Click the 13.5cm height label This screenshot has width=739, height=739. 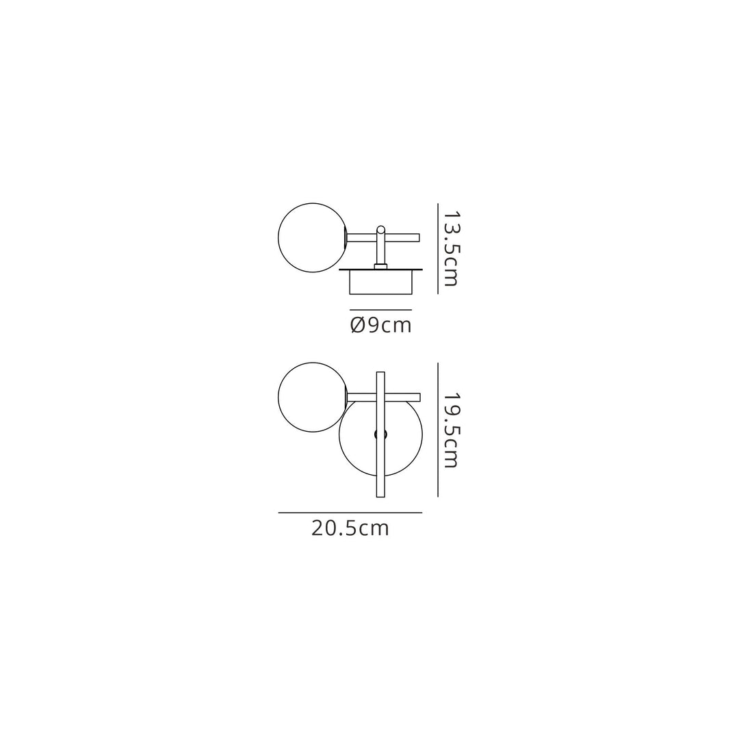coord(450,248)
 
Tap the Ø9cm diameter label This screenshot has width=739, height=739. coord(381,325)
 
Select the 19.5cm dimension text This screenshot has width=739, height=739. coord(450,430)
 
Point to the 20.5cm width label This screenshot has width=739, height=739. coord(350,528)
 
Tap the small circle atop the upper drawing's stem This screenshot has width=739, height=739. coord(381,230)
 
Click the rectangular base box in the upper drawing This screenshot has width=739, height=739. coord(381,283)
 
